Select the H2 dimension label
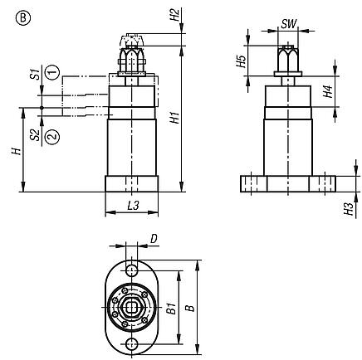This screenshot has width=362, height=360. [174, 15]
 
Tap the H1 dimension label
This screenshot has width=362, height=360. [174, 118]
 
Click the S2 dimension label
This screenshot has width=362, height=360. [33, 134]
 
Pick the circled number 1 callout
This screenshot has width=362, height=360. [51, 73]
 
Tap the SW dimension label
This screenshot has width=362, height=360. [288, 24]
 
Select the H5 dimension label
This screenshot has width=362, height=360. [241, 62]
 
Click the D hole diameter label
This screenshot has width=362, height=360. [154, 241]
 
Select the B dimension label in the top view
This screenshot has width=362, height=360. [192, 308]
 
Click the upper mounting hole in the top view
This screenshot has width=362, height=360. [132, 270]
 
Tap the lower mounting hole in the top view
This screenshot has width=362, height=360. [132, 346]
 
